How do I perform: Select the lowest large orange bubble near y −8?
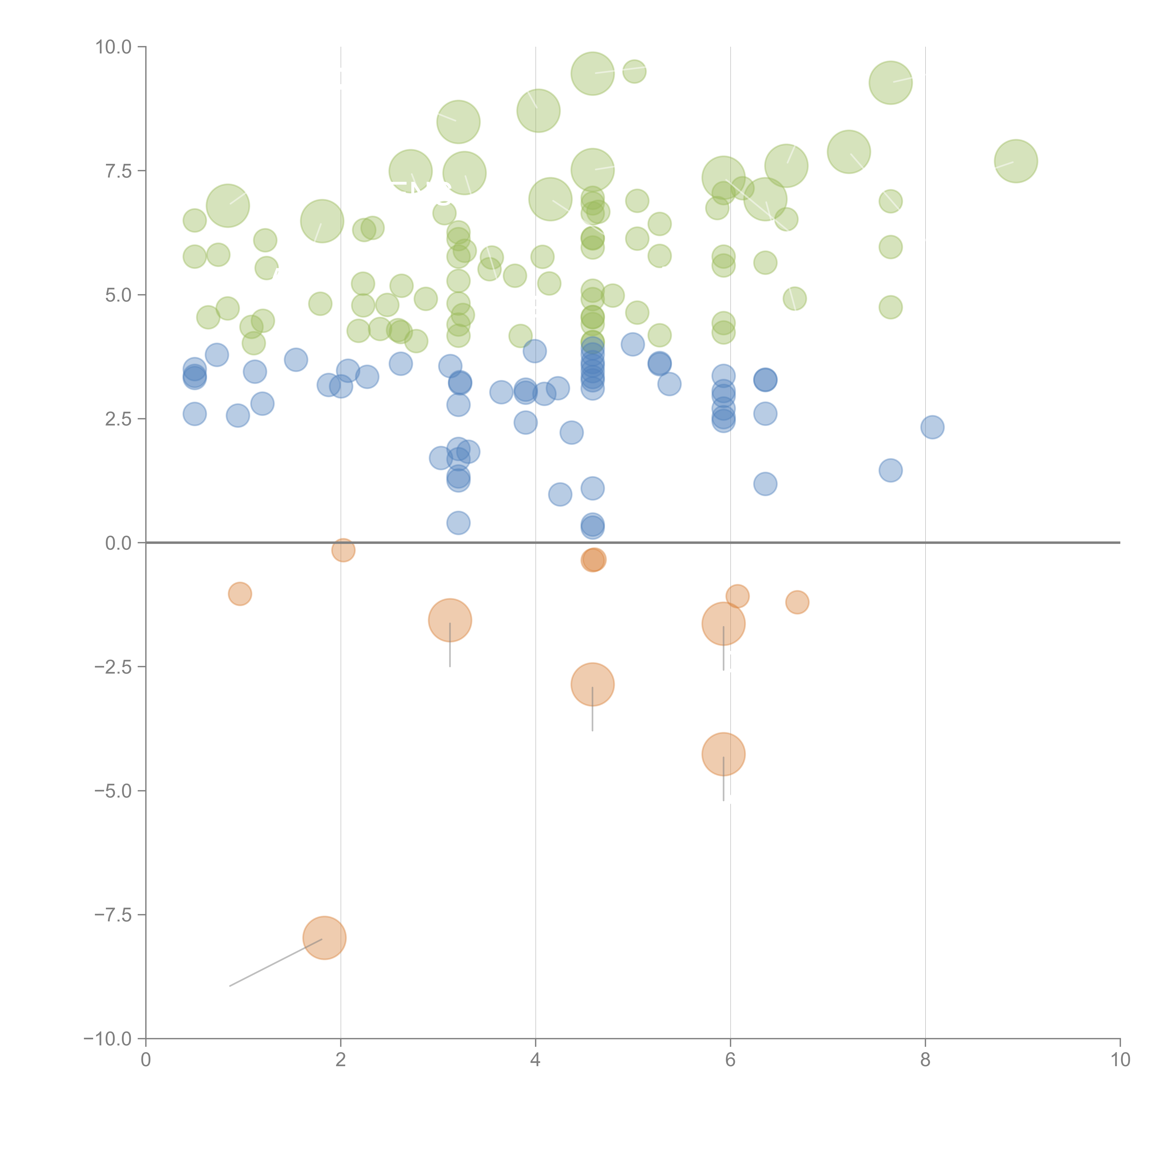324,938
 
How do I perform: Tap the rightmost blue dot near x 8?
933,427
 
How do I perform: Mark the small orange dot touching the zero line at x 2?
343,550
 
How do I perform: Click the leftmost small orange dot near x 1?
240,594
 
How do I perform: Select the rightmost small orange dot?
797,602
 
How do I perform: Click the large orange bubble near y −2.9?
593,684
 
